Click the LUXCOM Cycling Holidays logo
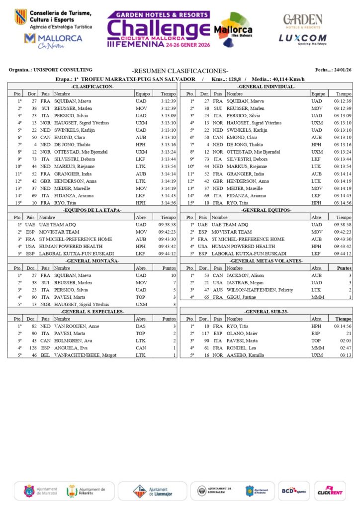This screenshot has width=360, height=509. (x=302, y=39)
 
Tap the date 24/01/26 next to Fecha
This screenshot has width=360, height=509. (x=343, y=70)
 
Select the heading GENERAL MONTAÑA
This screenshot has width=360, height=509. (x=92, y=260)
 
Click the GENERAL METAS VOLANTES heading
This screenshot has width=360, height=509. (x=266, y=260)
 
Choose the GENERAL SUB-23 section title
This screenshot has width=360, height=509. (x=266, y=311)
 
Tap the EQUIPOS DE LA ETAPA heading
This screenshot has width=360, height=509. (x=92, y=210)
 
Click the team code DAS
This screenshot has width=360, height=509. (x=141, y=326)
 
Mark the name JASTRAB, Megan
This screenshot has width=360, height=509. (x=243, y=282)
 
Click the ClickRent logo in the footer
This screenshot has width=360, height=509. (x=329, y=491)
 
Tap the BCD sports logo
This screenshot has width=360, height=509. (x=293, y=491)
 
